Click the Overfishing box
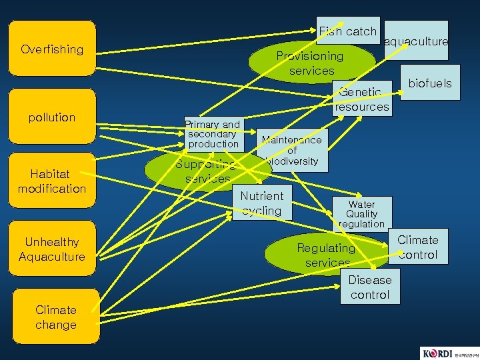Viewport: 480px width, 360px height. tap(52, 49)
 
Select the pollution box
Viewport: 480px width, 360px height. tap(52, 117)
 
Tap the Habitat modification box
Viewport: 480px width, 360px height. tap(52, 181)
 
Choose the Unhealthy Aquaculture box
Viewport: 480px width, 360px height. tap(52, 249)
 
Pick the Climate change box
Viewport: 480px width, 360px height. tap(56, 317)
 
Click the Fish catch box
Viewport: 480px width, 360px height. tap(348, 31)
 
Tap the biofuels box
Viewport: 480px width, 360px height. tap(430, 83)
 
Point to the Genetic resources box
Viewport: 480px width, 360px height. tap(362, 99)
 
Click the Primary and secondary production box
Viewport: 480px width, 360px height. tap(212, 134)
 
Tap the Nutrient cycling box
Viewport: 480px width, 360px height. tap(262, 203)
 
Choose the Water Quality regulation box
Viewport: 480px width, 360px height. tap(361, 214)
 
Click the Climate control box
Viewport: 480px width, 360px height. tap(418, 247)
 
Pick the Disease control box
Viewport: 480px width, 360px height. tap(369, 287)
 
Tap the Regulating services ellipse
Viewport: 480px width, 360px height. tap(326, 254)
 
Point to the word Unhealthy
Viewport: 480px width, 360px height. tap(52, 242)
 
